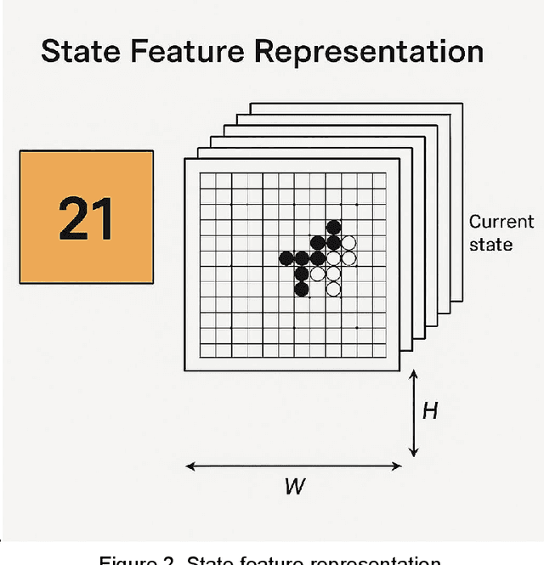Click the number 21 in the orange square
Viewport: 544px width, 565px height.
click(x=87, y=217)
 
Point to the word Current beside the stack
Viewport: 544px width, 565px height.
click(x=501, y=223)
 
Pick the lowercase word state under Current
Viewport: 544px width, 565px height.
click(x=490, y=245)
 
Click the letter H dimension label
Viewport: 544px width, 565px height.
click(x=430, y=411)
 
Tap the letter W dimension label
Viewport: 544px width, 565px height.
click(x=295, y=487)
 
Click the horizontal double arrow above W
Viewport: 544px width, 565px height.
click(x=294, y=466)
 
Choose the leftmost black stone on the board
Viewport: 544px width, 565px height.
click(x=286, y=257)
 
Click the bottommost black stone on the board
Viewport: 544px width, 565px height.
click(x=302, y=289)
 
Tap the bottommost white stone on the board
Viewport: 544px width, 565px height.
click(x=333, y=289)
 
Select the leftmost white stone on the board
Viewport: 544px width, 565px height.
click(x=318, y=274)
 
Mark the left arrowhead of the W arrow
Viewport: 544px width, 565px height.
click(x=190, y=466)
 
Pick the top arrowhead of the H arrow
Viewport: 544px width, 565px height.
click(x=413, y=373)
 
